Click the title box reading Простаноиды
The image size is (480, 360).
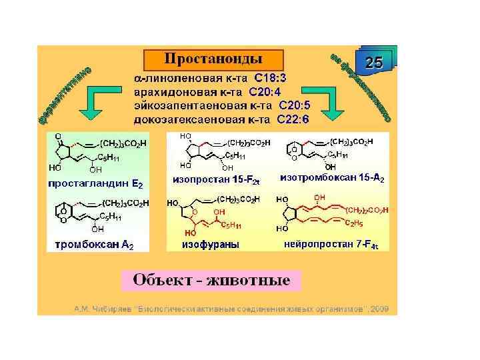[213, 59]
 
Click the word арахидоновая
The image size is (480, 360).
[175, 91]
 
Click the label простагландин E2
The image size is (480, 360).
[95, 182]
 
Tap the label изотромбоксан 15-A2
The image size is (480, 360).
[332, 179]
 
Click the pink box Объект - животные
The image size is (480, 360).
[212, 279]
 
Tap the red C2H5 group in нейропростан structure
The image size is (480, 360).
[355, 223]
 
